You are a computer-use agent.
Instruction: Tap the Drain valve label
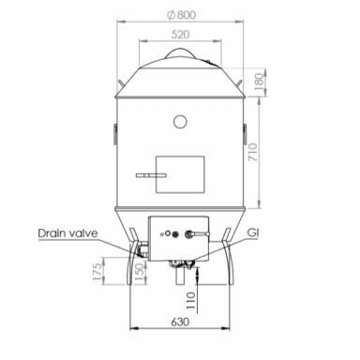pos(68,232)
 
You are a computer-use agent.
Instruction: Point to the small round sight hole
pos(179,120)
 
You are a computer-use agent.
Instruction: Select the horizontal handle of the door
pos(146,175)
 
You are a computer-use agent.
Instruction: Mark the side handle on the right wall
pos(247,128)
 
